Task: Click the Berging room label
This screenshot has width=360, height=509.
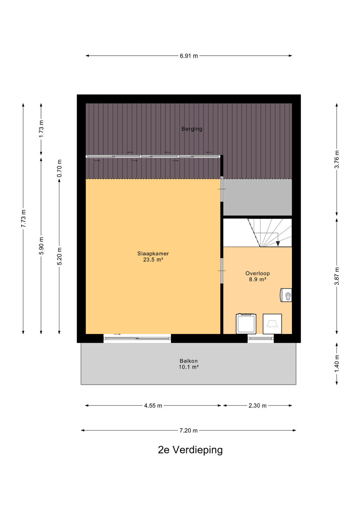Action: (x=192, y=129)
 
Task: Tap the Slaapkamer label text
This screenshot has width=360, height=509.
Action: (x=153, y=253)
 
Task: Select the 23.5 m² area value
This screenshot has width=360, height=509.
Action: (x=153, y=260)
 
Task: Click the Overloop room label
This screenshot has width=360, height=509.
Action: (x=257, y=273)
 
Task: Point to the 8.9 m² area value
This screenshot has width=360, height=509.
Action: (x=257, y=280)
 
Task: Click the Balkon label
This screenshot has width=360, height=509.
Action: (x=188, y=361)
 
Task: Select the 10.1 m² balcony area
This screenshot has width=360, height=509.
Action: (x=188, y=367)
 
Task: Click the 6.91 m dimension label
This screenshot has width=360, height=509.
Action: (x=189, y=56)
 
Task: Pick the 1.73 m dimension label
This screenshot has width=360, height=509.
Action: (x=41, y=129)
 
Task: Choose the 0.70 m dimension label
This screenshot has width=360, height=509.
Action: (x=59, y=168)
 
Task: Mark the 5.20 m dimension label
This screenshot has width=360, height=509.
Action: (x=59, y=256)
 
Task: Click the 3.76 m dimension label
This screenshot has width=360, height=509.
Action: (x=337, y=159)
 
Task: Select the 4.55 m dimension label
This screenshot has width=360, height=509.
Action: (x=153, y=406)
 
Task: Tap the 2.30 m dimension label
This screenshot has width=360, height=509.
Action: (x=257, y=406)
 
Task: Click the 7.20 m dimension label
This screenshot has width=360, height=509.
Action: (x=188, y=431)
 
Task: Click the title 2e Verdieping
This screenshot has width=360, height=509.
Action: (x=190, y=450)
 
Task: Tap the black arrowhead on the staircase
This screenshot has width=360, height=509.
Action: (x=278, y=244)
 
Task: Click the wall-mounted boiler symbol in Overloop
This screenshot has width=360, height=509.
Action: (x=286, y=295)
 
